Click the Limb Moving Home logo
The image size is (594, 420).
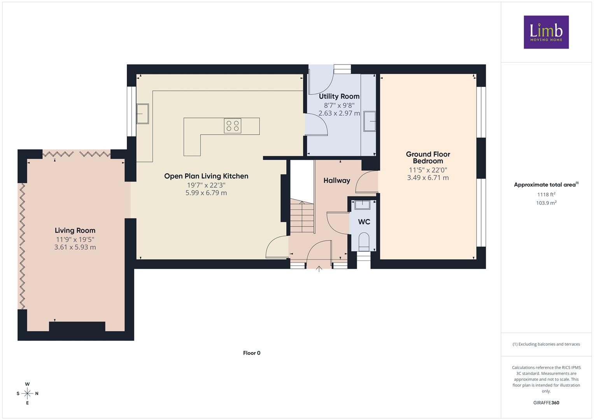pyautogui.click(x=546, y=32)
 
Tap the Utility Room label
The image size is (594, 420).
pyautogui.click(x=339, y=96)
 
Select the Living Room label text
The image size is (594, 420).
pyautogui.click(x=75, y=230)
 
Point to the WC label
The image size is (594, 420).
pyautogui.click(x=364, y=222)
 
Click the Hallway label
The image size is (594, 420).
pyautogui.click(x=337, y=180)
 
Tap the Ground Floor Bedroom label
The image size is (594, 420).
pyautogui.click(x=428, y=157)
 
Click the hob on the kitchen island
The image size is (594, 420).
pyautogui.click(x=233, y=126)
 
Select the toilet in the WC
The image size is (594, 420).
pyautogui.click(x=364, y=241)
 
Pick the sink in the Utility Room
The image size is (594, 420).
pyautogui.click(x=370, y=121)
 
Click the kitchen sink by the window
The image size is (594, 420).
pyautogui.click(x=143, y=114)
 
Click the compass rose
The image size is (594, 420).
pyautogui.click(x=27, y=394)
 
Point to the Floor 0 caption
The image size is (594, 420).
pyautogui.click(x=252, y=353)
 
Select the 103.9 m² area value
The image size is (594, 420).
pyautogui.click(x=546, y=203)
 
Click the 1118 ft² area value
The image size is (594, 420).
pyautogui.click(x=546, y=194)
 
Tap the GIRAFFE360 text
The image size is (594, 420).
pyautogui.click(x=546, y=402)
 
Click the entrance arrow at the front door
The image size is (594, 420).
pyautogui.click(x=319, y=269)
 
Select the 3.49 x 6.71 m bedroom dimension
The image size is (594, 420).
pyautogui.click(x=428, y=178)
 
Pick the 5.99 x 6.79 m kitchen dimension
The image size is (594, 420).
pyautogui.click(x=206, y=193)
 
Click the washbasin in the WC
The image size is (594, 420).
pyautogui.click(x=362, y=205)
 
